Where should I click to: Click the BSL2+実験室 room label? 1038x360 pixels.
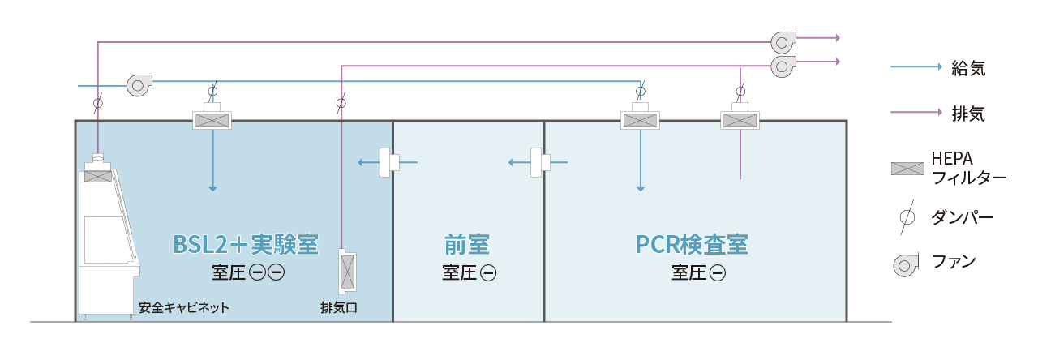245,244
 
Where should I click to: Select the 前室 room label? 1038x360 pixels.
468,244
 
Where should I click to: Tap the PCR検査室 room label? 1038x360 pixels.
692,244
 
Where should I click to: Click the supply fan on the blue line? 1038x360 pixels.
139,84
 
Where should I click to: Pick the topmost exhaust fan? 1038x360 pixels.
783,41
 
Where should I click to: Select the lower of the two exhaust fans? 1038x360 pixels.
783,66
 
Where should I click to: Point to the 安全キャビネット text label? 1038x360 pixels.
184,308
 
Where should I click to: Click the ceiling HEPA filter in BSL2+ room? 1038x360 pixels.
213,120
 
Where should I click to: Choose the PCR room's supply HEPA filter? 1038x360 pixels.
640,120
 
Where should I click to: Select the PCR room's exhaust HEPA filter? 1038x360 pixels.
740,120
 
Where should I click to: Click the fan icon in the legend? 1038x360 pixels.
906,264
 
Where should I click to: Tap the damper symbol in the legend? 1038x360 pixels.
908,217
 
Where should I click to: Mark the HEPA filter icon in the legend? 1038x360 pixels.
907,169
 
